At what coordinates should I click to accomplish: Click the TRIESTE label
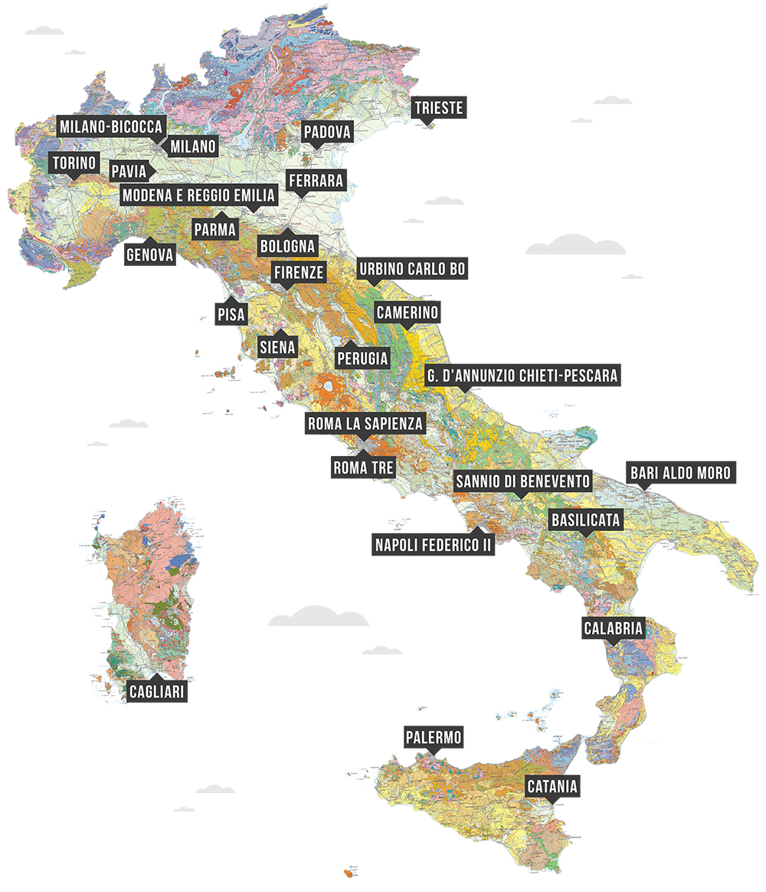[439, 107]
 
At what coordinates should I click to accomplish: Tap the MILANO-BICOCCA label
[111, 126]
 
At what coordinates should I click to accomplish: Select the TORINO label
[74, 163]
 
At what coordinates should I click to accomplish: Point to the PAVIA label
[129, 170]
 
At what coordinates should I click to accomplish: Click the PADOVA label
[327, 133]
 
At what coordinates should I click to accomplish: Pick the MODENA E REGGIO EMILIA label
[198, 195]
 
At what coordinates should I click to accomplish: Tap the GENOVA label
[150, 254]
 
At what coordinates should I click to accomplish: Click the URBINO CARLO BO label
[412, 270]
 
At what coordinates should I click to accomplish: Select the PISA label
[231, 313]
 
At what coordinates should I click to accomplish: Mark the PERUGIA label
[362, 358]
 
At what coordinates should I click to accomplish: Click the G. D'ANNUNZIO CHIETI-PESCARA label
[522, 375]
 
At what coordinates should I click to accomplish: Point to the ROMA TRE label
[363, 467]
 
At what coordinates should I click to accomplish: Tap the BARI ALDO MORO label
[681, 472]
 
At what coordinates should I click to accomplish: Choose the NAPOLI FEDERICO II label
[433, 545]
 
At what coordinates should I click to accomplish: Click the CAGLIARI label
[157, 691]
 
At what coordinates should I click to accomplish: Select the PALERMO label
[434, 737]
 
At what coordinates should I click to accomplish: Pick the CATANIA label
[552, 786]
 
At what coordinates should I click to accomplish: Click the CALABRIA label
[614, 628]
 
